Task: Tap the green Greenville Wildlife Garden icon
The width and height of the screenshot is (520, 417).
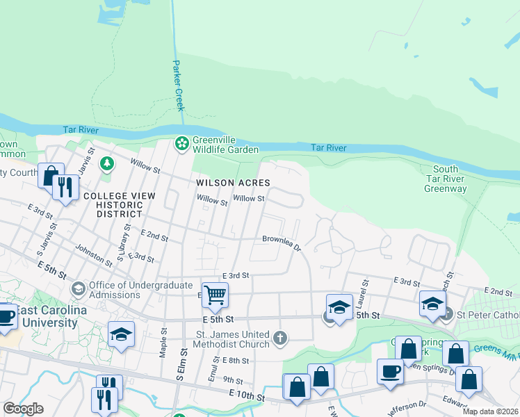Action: point(181,144)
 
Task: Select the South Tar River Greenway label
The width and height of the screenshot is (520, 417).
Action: point(446,179)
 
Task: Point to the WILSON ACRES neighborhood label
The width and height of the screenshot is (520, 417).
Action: point(232,183)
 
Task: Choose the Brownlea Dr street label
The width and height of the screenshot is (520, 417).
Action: point(282,243)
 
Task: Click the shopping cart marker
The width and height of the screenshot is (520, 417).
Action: point(215,295)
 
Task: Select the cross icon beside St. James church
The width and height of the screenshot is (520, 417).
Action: point(279,338)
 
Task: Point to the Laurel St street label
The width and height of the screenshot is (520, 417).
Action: point(362,285)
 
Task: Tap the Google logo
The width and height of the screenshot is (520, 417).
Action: point(23,409)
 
